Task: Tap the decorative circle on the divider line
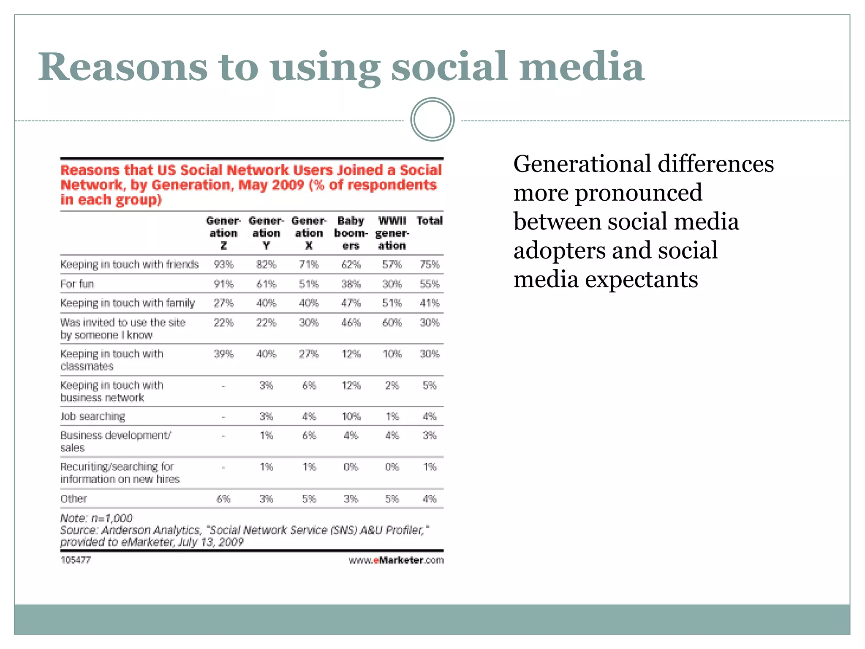432,120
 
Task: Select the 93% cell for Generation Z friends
223,265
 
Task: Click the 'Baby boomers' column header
351,233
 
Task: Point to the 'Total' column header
429,221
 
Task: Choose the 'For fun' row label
77,284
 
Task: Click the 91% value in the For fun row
223,284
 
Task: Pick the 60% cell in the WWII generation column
392,323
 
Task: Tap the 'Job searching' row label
93,417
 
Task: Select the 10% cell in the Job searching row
351,417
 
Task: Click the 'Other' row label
74,499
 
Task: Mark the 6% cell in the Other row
223,499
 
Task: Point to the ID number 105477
76,560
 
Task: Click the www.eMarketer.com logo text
396,560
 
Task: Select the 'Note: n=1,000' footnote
96,518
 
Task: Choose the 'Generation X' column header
309,233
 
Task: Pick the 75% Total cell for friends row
430,265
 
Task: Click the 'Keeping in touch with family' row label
128,303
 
